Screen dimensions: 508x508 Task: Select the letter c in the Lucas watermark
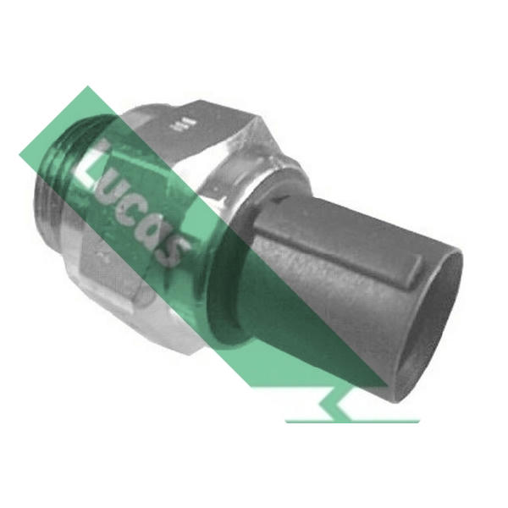coord(129,214)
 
